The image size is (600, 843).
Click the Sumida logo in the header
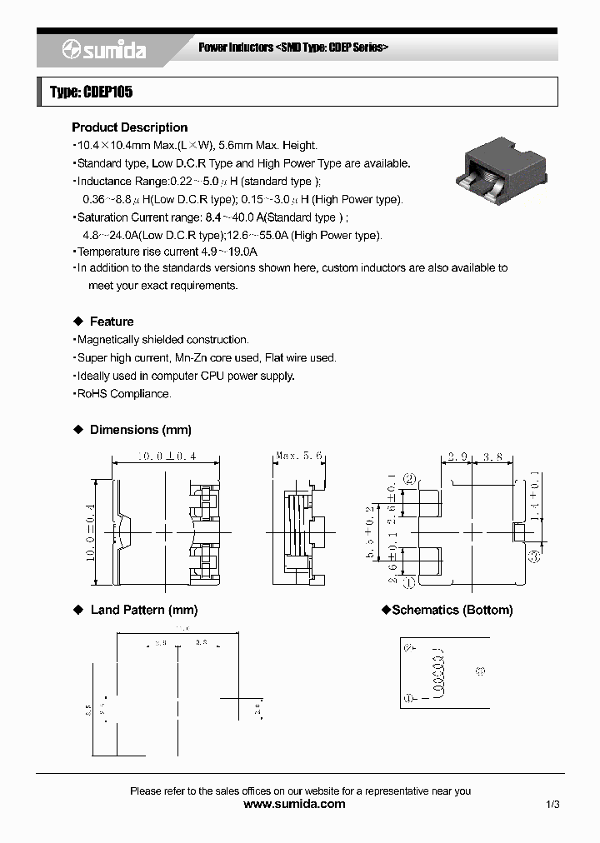tap(104, 51)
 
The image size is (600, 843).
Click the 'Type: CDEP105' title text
tap(91, 92)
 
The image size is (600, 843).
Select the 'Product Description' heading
tap(129, 127)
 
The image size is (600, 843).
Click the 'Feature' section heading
tap(111, 322)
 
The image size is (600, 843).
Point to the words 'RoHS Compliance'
tap(123, 394)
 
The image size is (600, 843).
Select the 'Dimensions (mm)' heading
tap(140, 430)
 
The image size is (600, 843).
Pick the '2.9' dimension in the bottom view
tap(457, 457)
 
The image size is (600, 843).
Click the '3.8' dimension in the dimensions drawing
tap(493, 457)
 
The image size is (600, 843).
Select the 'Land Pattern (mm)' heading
tap(143, 610)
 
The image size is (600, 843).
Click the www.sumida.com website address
tap(294, 804)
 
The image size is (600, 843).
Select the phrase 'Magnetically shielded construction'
tap(162, 340)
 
